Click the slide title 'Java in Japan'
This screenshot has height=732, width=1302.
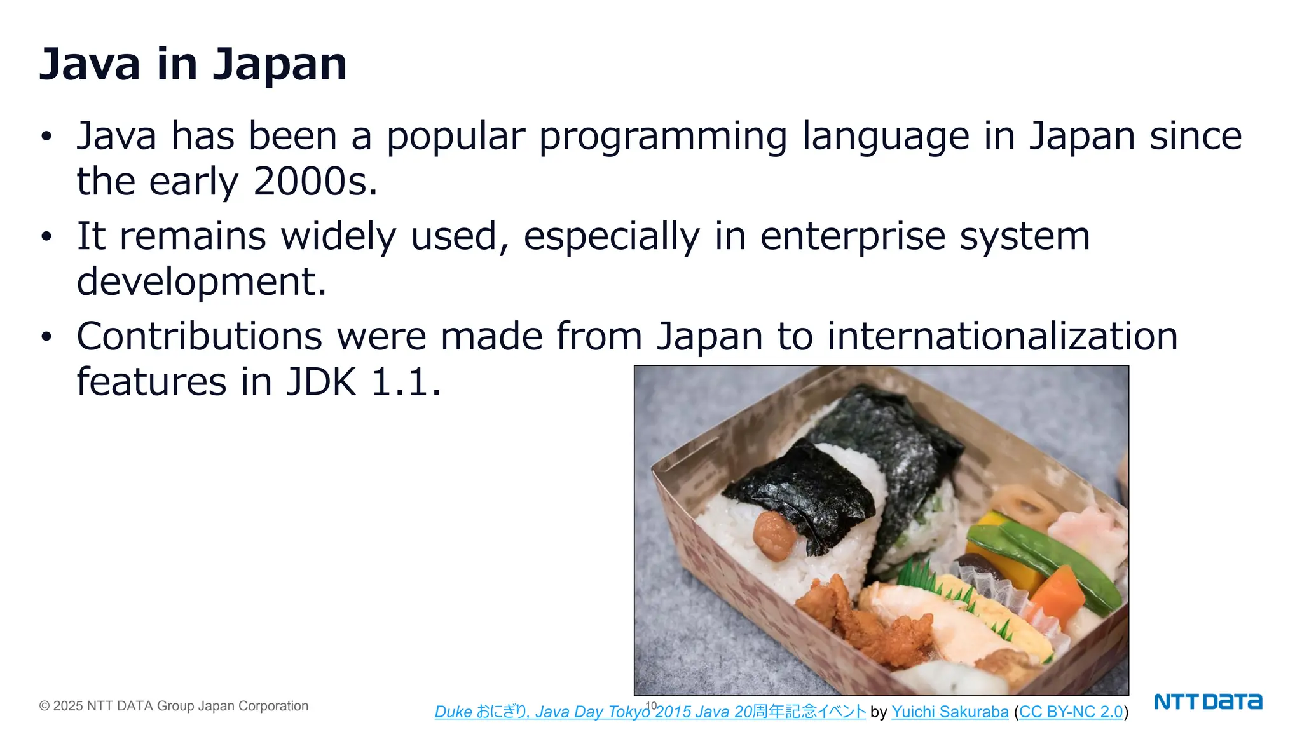(x=193, y=64)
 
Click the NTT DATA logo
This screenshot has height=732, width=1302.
(x=1207, y=701)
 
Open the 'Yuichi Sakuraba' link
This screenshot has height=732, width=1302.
(x=950, y=712)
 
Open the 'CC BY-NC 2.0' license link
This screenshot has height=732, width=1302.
(x=1071, y=712)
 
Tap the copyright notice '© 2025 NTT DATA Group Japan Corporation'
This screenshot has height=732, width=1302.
(x=174, y=706)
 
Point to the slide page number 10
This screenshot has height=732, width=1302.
(x=651, y=705)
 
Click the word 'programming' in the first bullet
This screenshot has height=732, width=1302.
(x=663, y=137)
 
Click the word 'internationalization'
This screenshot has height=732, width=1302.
(x=1003, y=336)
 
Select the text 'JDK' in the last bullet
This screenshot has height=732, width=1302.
(x=321, y=382)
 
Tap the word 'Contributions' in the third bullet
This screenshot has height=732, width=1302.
(x=200, y=336)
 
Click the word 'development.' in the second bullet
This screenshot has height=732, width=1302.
(x=202, y=281)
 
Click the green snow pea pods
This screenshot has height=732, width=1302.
(x=1049, y=559)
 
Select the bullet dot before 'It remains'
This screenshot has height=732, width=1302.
(x=46, y=237)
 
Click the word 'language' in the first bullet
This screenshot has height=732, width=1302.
(x=886, y=137)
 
